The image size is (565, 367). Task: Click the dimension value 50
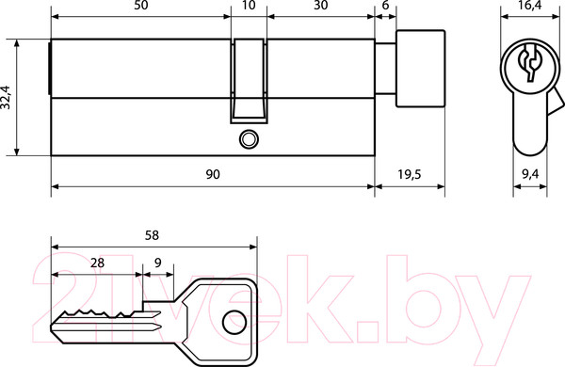point(140,6)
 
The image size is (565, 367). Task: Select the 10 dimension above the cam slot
point(249,6)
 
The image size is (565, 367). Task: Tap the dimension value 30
point(321,6)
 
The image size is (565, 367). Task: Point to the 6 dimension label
point(385,6)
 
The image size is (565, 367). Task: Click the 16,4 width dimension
point(531,6)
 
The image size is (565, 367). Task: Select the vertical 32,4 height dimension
point(7,97)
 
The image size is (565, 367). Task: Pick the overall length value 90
point(213,174)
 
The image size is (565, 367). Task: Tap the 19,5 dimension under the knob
point(410,174)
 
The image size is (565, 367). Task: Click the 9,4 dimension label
point(530,174)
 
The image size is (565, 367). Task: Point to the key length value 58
point(152,235)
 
